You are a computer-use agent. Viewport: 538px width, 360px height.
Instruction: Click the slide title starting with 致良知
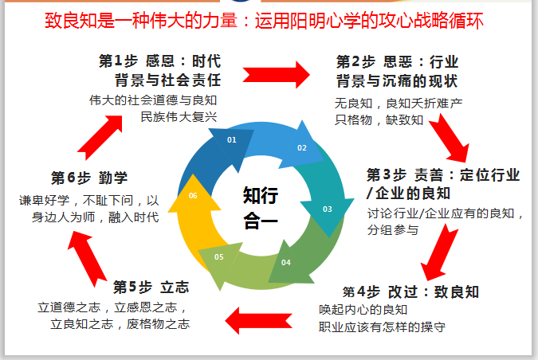point(269,20)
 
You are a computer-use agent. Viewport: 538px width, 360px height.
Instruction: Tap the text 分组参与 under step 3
point(393,229)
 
